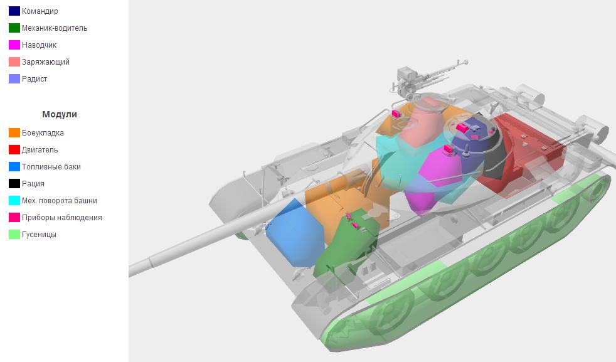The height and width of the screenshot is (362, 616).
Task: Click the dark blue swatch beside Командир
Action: (14, 11)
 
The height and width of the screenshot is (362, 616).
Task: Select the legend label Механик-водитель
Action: (55, 28)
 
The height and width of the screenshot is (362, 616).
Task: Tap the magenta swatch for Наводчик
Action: (14, 45)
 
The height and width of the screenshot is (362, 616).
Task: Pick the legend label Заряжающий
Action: (46, 62)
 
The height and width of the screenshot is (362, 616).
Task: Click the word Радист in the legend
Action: (35, 79)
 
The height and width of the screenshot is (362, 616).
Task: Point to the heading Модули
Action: (60, 114)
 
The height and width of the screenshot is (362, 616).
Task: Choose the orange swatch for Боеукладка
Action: (14, 133)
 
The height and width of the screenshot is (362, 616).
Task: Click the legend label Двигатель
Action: (40, 150)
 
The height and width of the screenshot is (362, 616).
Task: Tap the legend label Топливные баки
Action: (51, 167)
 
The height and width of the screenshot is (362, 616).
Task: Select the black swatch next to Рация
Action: (14, 184)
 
